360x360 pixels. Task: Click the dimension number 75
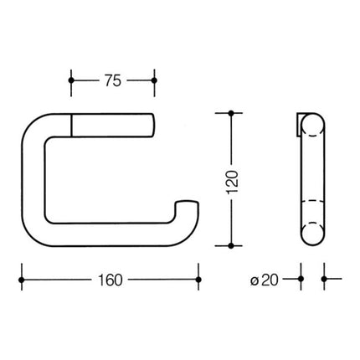coord(113,80)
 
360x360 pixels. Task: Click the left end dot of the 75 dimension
coord(72,81)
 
